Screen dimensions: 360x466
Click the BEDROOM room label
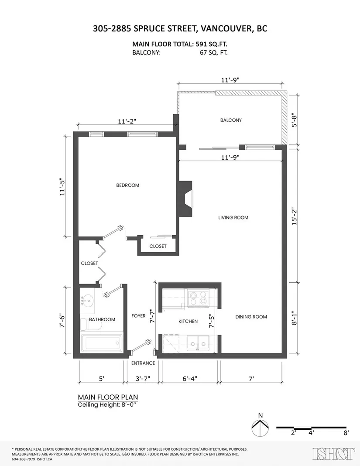click(x=127, y=185)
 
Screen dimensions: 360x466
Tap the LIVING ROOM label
click(x=233, y=218)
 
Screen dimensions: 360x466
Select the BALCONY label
click(x=231, y=120)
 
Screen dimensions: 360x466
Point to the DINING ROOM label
click(x=251, y=317)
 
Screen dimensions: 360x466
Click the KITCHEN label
click(x=188, y=321)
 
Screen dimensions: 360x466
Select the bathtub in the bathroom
click(x=101, y=343)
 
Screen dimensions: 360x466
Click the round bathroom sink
click(x=87, y=301)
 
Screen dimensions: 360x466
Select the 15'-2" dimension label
click(x=294, y=216)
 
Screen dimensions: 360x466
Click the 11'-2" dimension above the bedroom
click(x=127, y=121)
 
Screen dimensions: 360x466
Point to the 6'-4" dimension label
click(x=190, y=379)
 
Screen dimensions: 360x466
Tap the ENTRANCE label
click(x=143, y=363)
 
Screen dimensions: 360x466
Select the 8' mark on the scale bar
click(x=346, y=433)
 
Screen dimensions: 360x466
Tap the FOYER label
click(x=138, y=316)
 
